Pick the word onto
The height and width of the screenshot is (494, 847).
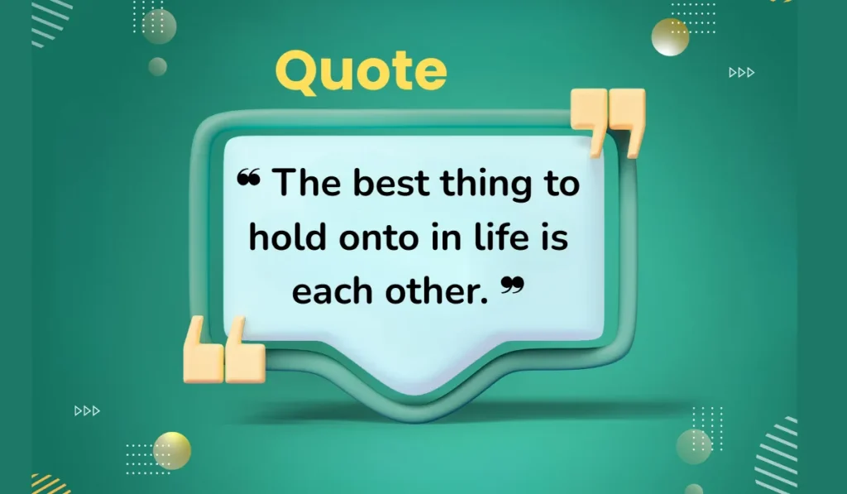pos(370,239)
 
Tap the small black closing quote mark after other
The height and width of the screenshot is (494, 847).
pos(513,285)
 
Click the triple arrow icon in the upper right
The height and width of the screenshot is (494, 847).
pos(741,73)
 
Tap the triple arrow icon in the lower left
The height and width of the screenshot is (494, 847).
pos(87,410)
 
